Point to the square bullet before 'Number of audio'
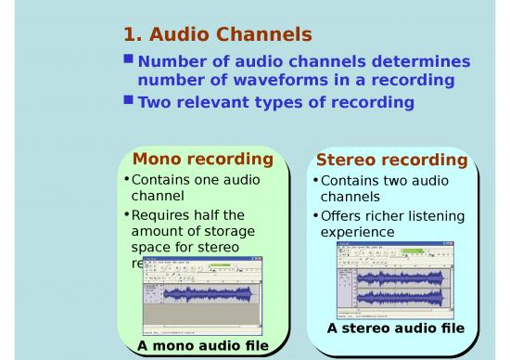tap(129, 59)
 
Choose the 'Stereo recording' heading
tap(391, 161)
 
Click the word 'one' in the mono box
tap(213, 180)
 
